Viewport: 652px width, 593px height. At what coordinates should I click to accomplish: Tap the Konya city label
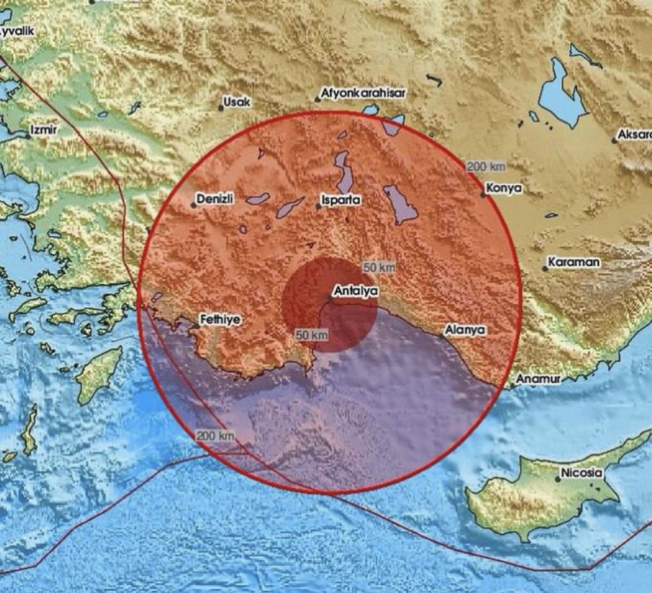coord(504,189)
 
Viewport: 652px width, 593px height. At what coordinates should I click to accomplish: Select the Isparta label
coord(341,200)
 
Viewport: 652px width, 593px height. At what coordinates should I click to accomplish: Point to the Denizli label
coord(216,199)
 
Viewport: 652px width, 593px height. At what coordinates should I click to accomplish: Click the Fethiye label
coord(220,320)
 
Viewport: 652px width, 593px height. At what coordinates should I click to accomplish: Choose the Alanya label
coord(466,330)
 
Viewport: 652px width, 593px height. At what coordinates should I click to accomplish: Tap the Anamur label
coord(538,379)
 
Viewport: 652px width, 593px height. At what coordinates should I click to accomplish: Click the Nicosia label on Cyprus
coord(581,473)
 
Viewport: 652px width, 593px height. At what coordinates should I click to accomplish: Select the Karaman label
coord(573,262)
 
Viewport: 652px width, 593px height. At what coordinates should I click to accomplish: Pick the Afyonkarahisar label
coord(363,93)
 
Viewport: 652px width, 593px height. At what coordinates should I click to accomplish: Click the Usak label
coord(237,102)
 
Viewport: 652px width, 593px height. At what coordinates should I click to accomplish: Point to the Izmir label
coord(44,129)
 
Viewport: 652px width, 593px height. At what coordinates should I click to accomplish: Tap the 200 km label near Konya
coord(486,167)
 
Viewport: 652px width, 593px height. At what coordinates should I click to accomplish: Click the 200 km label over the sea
coord(215,436)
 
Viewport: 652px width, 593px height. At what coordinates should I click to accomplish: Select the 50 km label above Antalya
coord(379,268)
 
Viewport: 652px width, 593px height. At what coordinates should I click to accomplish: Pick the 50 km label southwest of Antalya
coord(312,335)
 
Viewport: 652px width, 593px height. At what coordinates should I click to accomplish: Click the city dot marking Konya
coord(483,195)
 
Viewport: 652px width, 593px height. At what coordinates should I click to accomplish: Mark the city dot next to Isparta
coord(319,207)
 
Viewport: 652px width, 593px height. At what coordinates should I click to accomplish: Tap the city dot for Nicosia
coord(558,479)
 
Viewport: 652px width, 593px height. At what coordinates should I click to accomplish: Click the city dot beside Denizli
coord(194,205)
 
